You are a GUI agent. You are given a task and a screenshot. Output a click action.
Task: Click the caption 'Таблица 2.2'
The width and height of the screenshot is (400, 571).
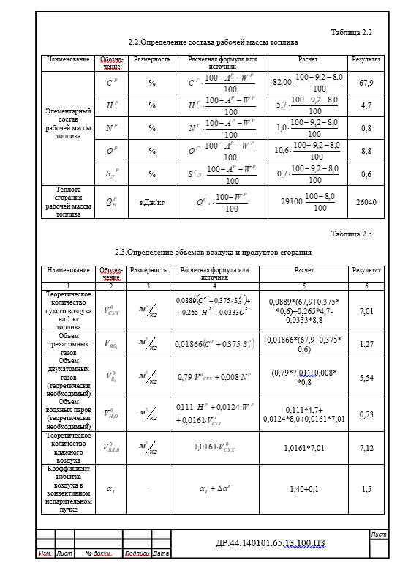click(351, 33)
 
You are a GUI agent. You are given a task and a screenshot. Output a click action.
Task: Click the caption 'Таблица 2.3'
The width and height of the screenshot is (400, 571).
click(351, 234)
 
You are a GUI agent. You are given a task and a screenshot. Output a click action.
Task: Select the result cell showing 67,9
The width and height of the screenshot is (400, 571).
click(366, 83)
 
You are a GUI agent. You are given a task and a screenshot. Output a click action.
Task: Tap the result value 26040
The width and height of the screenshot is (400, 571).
click(366, 201)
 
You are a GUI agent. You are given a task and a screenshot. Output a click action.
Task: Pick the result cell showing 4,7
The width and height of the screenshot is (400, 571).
click(366, 105)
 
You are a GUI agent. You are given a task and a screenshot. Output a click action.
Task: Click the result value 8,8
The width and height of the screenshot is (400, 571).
click(366, 151)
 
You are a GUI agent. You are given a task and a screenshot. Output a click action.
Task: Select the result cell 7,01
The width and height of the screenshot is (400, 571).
click(366, 311)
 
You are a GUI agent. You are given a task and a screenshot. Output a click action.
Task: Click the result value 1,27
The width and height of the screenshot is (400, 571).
click(366, 343)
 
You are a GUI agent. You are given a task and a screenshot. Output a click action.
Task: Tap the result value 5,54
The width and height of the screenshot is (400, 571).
click(366, 377)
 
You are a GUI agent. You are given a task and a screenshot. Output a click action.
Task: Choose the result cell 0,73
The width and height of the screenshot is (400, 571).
click(366, 414)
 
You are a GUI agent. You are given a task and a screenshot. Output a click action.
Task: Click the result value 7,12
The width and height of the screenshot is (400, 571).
click(366, 447)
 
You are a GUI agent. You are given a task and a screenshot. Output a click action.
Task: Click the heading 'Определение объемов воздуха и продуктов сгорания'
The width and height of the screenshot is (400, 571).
click(214, 253)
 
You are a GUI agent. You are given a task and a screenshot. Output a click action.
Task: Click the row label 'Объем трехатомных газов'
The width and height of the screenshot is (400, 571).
click(69, 343)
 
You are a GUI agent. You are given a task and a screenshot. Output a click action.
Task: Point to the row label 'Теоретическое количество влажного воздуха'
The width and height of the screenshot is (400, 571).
click(69, 447)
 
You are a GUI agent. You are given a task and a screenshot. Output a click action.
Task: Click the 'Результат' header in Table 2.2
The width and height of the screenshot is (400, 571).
click(366, 59)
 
